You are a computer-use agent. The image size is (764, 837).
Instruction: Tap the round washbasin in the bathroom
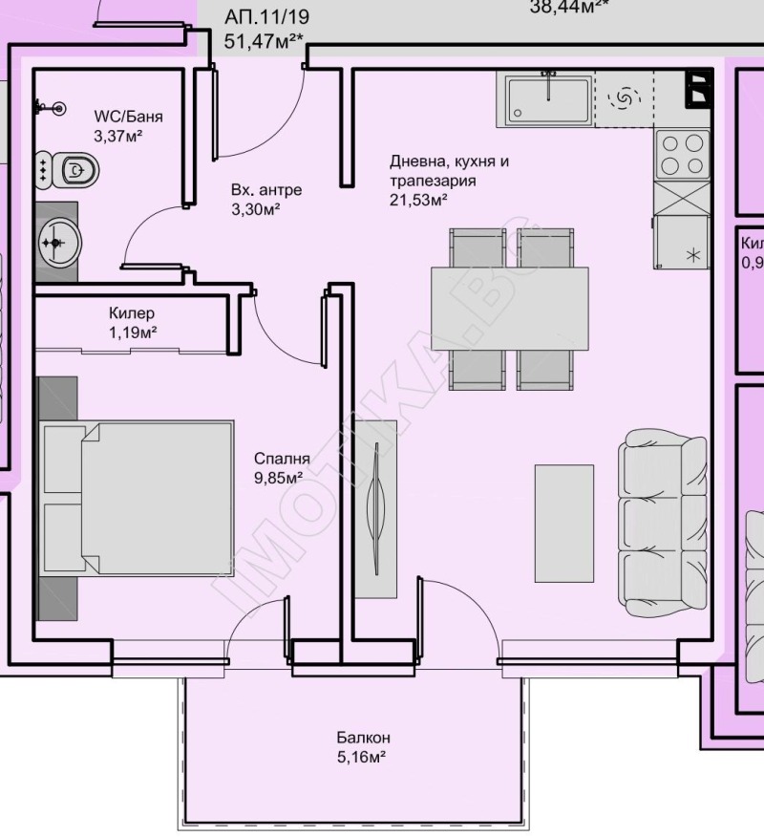(x=58, y=241)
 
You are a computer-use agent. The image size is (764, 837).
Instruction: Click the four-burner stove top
(x=683, y=154)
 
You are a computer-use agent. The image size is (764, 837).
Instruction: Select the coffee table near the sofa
(x=565, y=523)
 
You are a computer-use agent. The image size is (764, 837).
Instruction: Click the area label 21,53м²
(x=418, y=200)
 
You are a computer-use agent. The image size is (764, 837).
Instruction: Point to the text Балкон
(x=363, y=738)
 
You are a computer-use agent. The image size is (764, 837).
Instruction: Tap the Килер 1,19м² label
(x=132, y=323)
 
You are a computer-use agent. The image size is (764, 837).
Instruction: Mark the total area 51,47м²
(x=263, y=40)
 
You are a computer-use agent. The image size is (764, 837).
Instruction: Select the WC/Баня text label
(x=128, y=117)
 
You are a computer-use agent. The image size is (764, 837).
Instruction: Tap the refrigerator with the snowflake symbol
(x=683, y=242)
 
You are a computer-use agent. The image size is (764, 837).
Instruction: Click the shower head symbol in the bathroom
(x=59, y=109)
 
